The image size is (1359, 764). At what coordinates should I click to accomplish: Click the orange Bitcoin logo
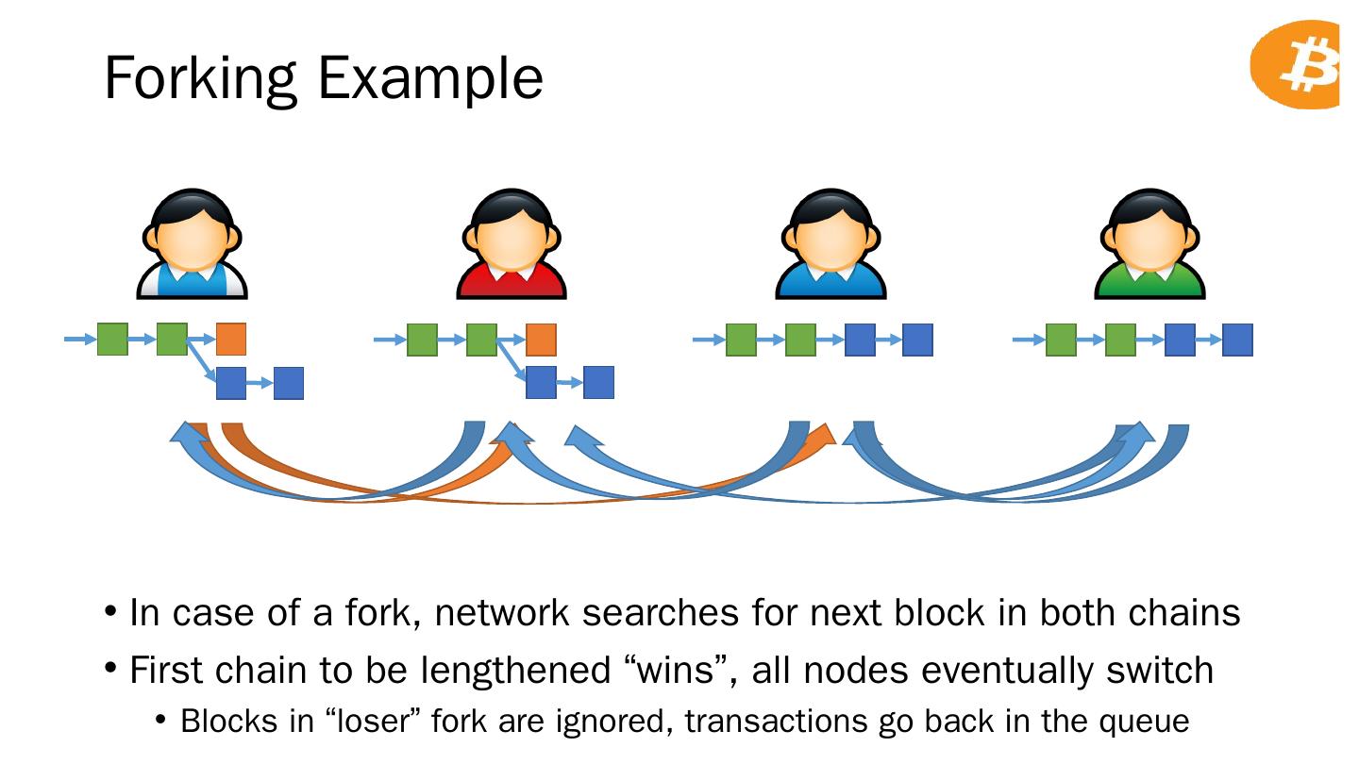tap(1295, 64)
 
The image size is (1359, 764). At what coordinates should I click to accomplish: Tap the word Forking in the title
tap(201, 79)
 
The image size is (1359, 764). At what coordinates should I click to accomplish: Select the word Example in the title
tap(430, 79)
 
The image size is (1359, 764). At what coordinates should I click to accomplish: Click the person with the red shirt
tap(512, 243)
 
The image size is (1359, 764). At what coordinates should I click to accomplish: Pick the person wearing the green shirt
tap(1149, 243)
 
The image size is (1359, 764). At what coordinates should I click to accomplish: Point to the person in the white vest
tap(193, 243)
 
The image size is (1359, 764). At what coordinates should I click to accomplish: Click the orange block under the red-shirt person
tap(541, 340)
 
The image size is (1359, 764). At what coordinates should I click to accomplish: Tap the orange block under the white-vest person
tap(231, 339)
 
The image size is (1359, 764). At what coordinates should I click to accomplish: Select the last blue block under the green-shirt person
tap(1237, 340)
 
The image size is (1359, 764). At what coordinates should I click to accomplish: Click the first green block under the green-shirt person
tap(1061, 340)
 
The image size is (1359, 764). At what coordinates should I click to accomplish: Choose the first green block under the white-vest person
tap(113, 339)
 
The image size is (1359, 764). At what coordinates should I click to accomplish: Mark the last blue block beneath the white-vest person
tap(289, 383)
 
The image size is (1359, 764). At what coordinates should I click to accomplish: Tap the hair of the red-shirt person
tap(512, 207)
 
